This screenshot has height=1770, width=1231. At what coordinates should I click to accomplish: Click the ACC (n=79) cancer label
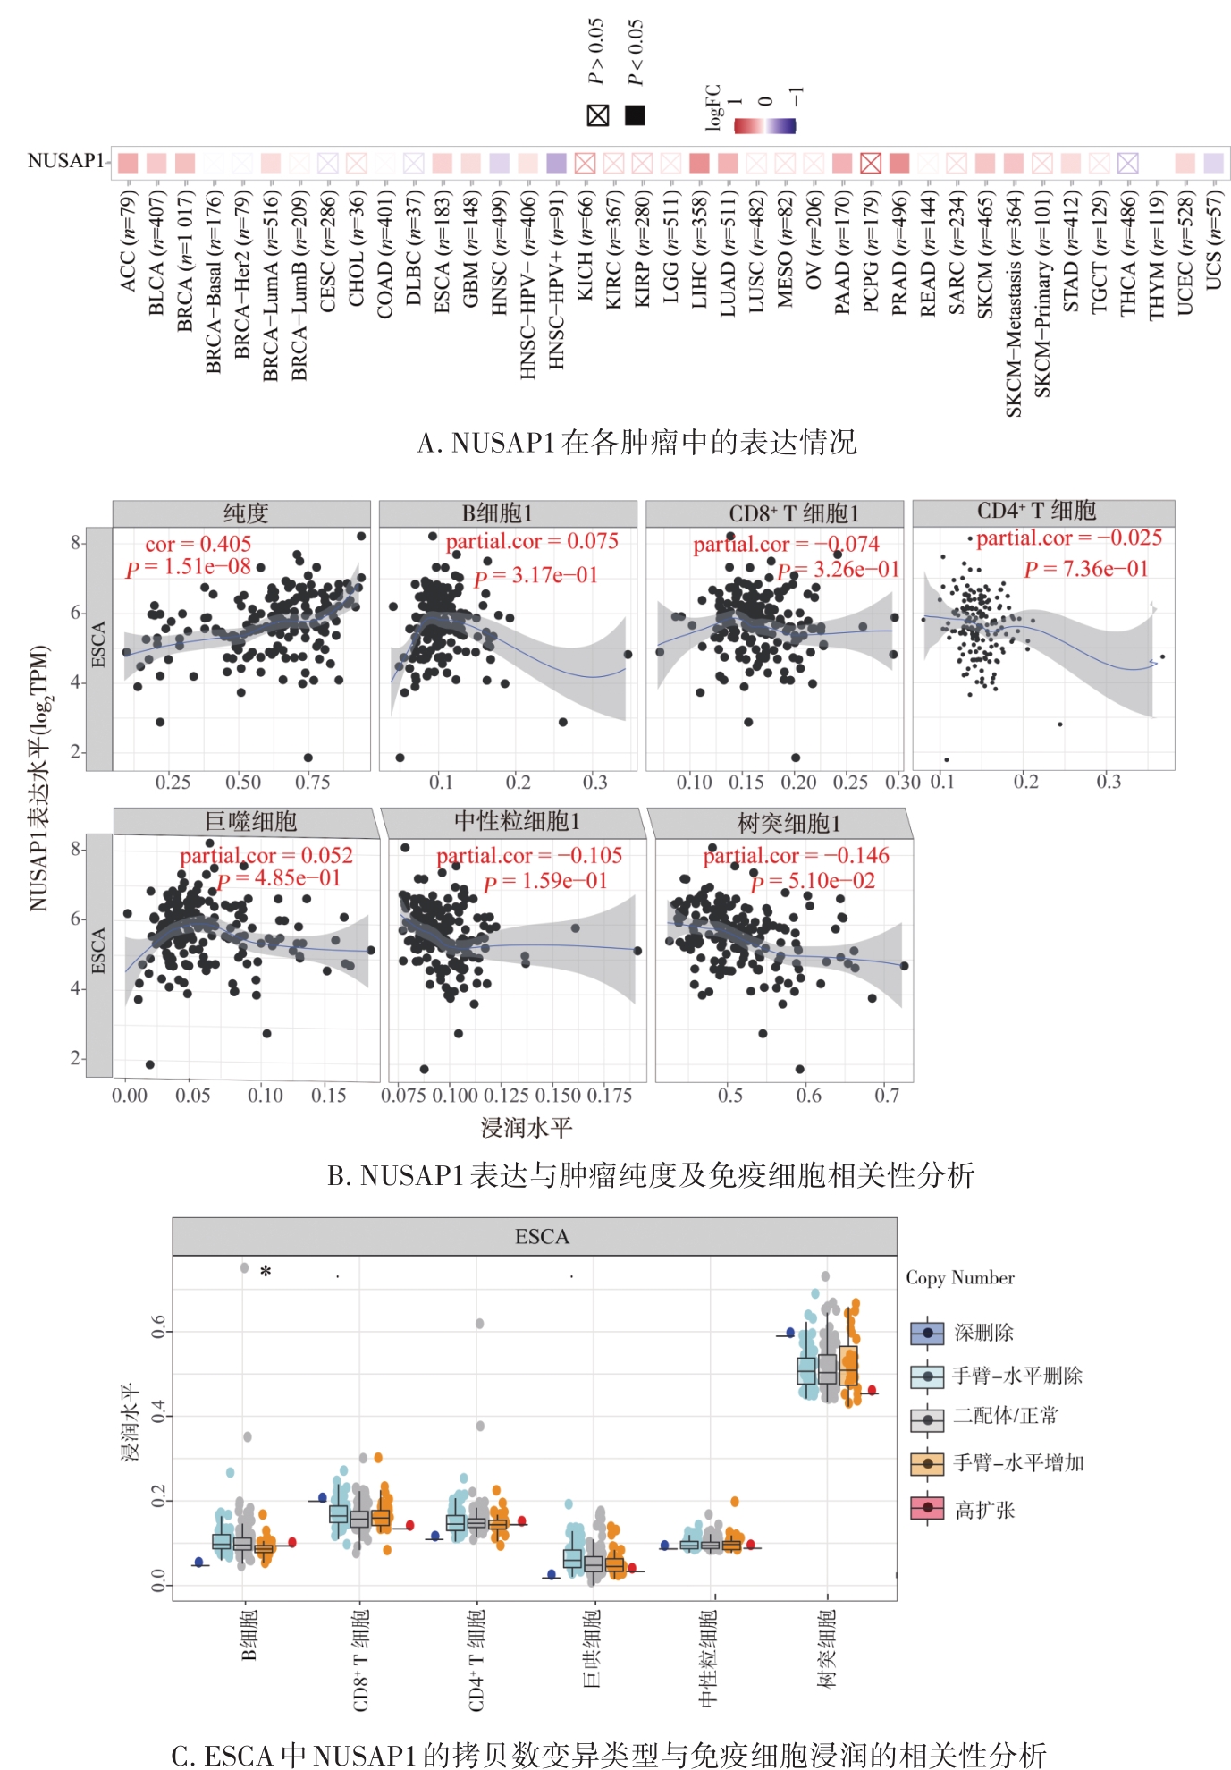pyautogui.click(x=128, y=239)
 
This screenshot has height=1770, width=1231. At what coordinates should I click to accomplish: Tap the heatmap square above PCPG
pyautogui.click(x=871, y=163)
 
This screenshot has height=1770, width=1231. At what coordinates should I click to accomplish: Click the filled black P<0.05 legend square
pyautogui.click(x=635, y=115)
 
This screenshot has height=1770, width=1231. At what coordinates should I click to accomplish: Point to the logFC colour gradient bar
pyautogui.click(x=764, y=126)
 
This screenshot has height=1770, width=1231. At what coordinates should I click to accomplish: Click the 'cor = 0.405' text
pyautogui.click(x=198, y=544)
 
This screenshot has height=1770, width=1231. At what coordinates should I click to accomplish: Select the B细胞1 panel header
pyautogui.click(x=507, y=513)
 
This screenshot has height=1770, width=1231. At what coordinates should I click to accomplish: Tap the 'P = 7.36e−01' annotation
pyautogui.click(x=1085, y=569)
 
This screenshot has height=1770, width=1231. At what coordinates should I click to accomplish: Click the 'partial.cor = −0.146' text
pyautogui.click(x=796, y=856)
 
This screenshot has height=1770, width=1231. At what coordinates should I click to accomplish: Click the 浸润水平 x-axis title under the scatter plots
pyautogui.click(x=526, y=1128)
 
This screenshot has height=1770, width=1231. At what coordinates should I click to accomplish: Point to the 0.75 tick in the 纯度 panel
pyautogui.click(x=312, y=783)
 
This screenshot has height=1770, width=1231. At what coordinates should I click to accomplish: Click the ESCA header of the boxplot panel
pyautogui.click(x=541, y=1237)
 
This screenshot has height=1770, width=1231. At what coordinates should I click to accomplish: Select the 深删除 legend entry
pyautogui.click(x=982, y=1333)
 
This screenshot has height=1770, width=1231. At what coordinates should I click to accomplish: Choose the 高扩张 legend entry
pyautogui.click(x=982, y=1510)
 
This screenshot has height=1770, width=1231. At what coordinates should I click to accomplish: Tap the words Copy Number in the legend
pyautogui.click(x=960, y=1278)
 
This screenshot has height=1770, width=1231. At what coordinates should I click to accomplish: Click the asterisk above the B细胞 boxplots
pyautogui.click(x=266, y=1272)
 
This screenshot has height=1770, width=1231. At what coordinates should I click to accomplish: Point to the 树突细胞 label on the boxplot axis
pyautogui.click(x=827, y=1648)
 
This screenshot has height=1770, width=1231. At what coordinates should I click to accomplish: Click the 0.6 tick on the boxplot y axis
pyautogui.click(x=158, y=1326)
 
